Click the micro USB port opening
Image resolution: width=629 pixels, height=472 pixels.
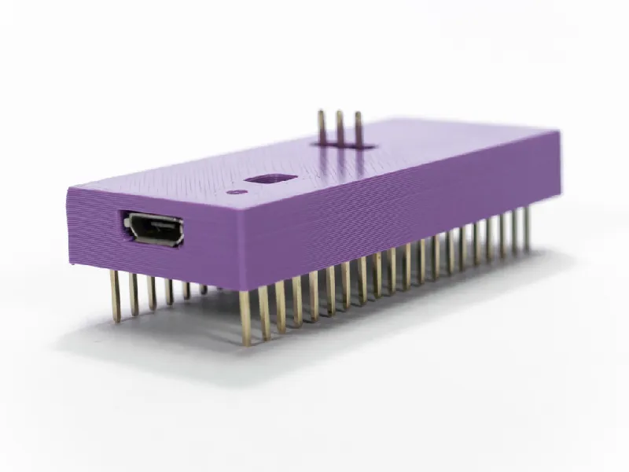point(153,229)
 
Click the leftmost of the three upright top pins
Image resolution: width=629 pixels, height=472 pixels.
point(322,128)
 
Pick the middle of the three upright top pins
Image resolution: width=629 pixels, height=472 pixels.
point(340,128)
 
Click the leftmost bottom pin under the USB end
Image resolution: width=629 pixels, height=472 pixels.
point(116,295)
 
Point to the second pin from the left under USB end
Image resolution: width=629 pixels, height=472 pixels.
point(134,293)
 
